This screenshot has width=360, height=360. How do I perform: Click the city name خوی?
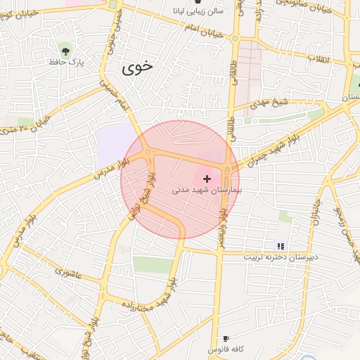point(136,67)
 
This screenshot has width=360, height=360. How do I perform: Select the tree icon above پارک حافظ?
point(65,49)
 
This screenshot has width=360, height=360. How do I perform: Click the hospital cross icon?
point(207,179)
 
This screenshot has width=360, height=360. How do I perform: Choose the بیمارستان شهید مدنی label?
point(207,191)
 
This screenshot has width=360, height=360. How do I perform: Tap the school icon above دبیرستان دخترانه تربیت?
point(281,246)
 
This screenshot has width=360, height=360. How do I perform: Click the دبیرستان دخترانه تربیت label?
point(281,257)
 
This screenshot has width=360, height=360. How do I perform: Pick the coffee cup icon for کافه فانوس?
point(225,339)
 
